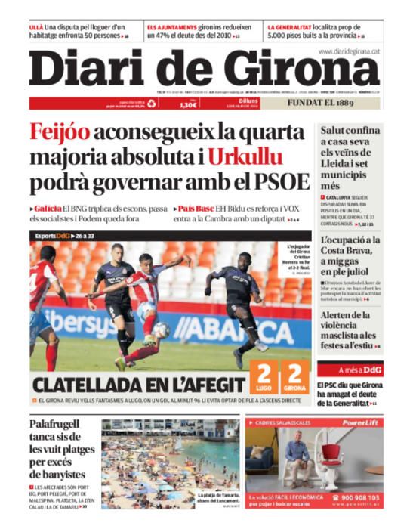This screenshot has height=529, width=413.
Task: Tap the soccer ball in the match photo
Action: click(x=161, y=329)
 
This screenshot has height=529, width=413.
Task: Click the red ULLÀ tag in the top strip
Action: click(x=37, y=26)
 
